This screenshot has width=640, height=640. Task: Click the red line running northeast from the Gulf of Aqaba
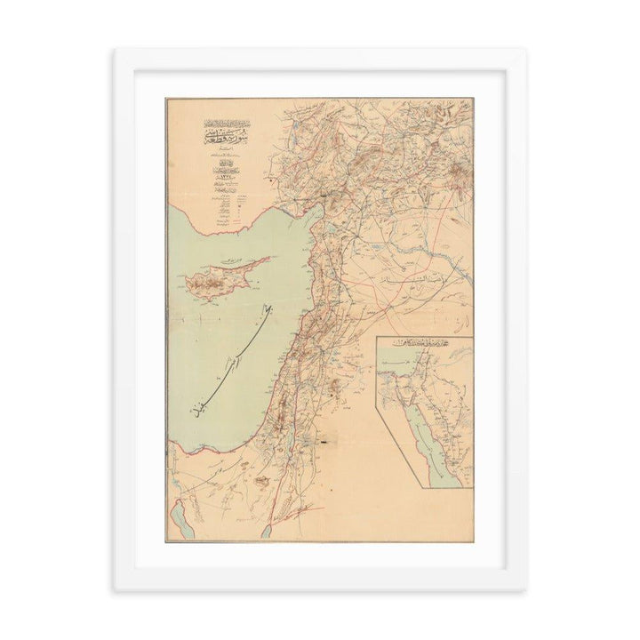[x=293, y=514]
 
